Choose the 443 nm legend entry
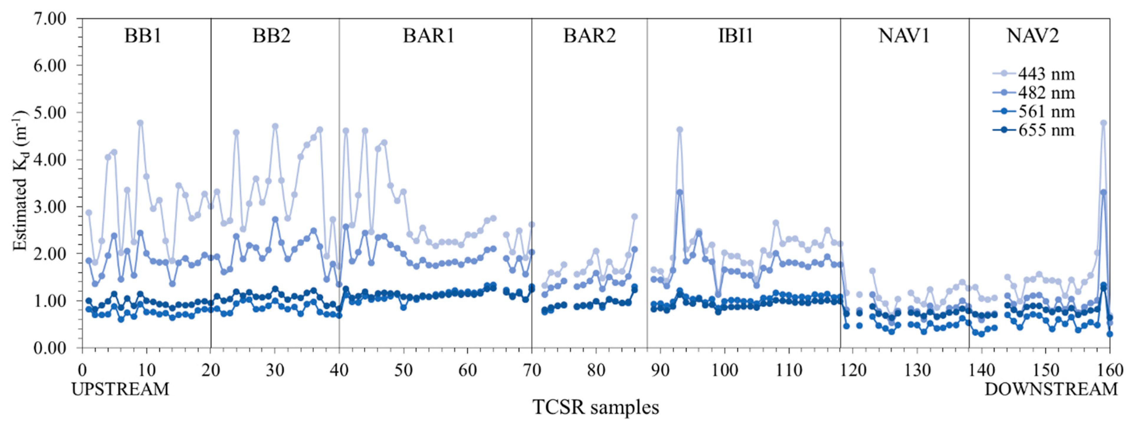tap(1046, 74)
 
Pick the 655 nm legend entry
tap(1046, 130)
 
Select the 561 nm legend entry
tap(1046, 111)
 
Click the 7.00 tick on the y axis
tap(49, 19)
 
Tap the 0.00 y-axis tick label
tap(49, 348)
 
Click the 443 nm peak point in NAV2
tap(1103, 123)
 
